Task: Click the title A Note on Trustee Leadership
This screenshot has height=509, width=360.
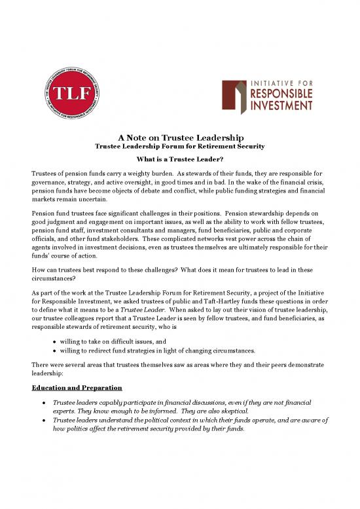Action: (180, 138)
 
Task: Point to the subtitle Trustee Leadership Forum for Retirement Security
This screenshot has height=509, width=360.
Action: (180, 147)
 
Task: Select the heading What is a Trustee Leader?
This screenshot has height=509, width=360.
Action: (180, 159)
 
